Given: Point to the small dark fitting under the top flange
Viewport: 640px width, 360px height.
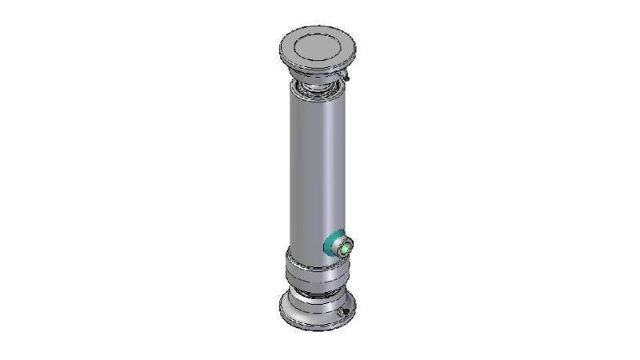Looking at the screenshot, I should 346,77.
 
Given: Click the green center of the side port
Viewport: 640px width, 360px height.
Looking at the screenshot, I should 343,247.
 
